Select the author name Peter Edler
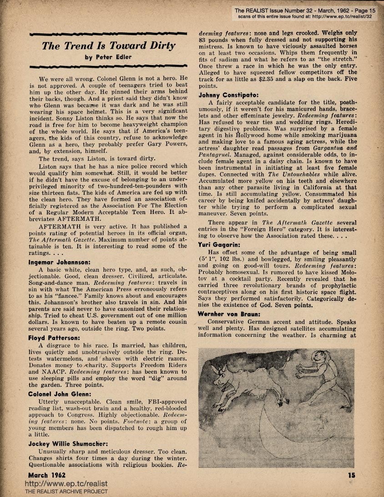click(109, 58)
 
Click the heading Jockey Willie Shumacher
click(68, 443)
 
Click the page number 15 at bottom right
click(351, 475)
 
